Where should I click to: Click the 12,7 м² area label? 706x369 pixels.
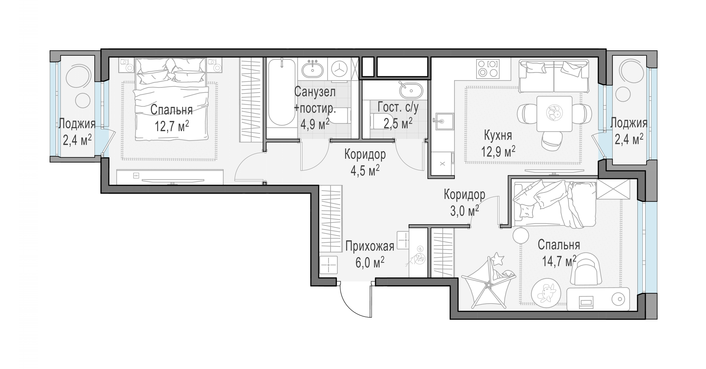tap(172, 126)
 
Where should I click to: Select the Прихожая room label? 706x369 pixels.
tap(370, 246)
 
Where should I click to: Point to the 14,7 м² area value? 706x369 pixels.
tap(559, 261)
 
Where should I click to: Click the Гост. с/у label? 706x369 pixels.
tap(398, 107)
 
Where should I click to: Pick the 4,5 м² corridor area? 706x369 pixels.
tap(365, 170)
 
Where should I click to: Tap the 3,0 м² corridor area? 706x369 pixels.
tap(465, 211)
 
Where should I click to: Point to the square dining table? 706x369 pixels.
tap(554, 114)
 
